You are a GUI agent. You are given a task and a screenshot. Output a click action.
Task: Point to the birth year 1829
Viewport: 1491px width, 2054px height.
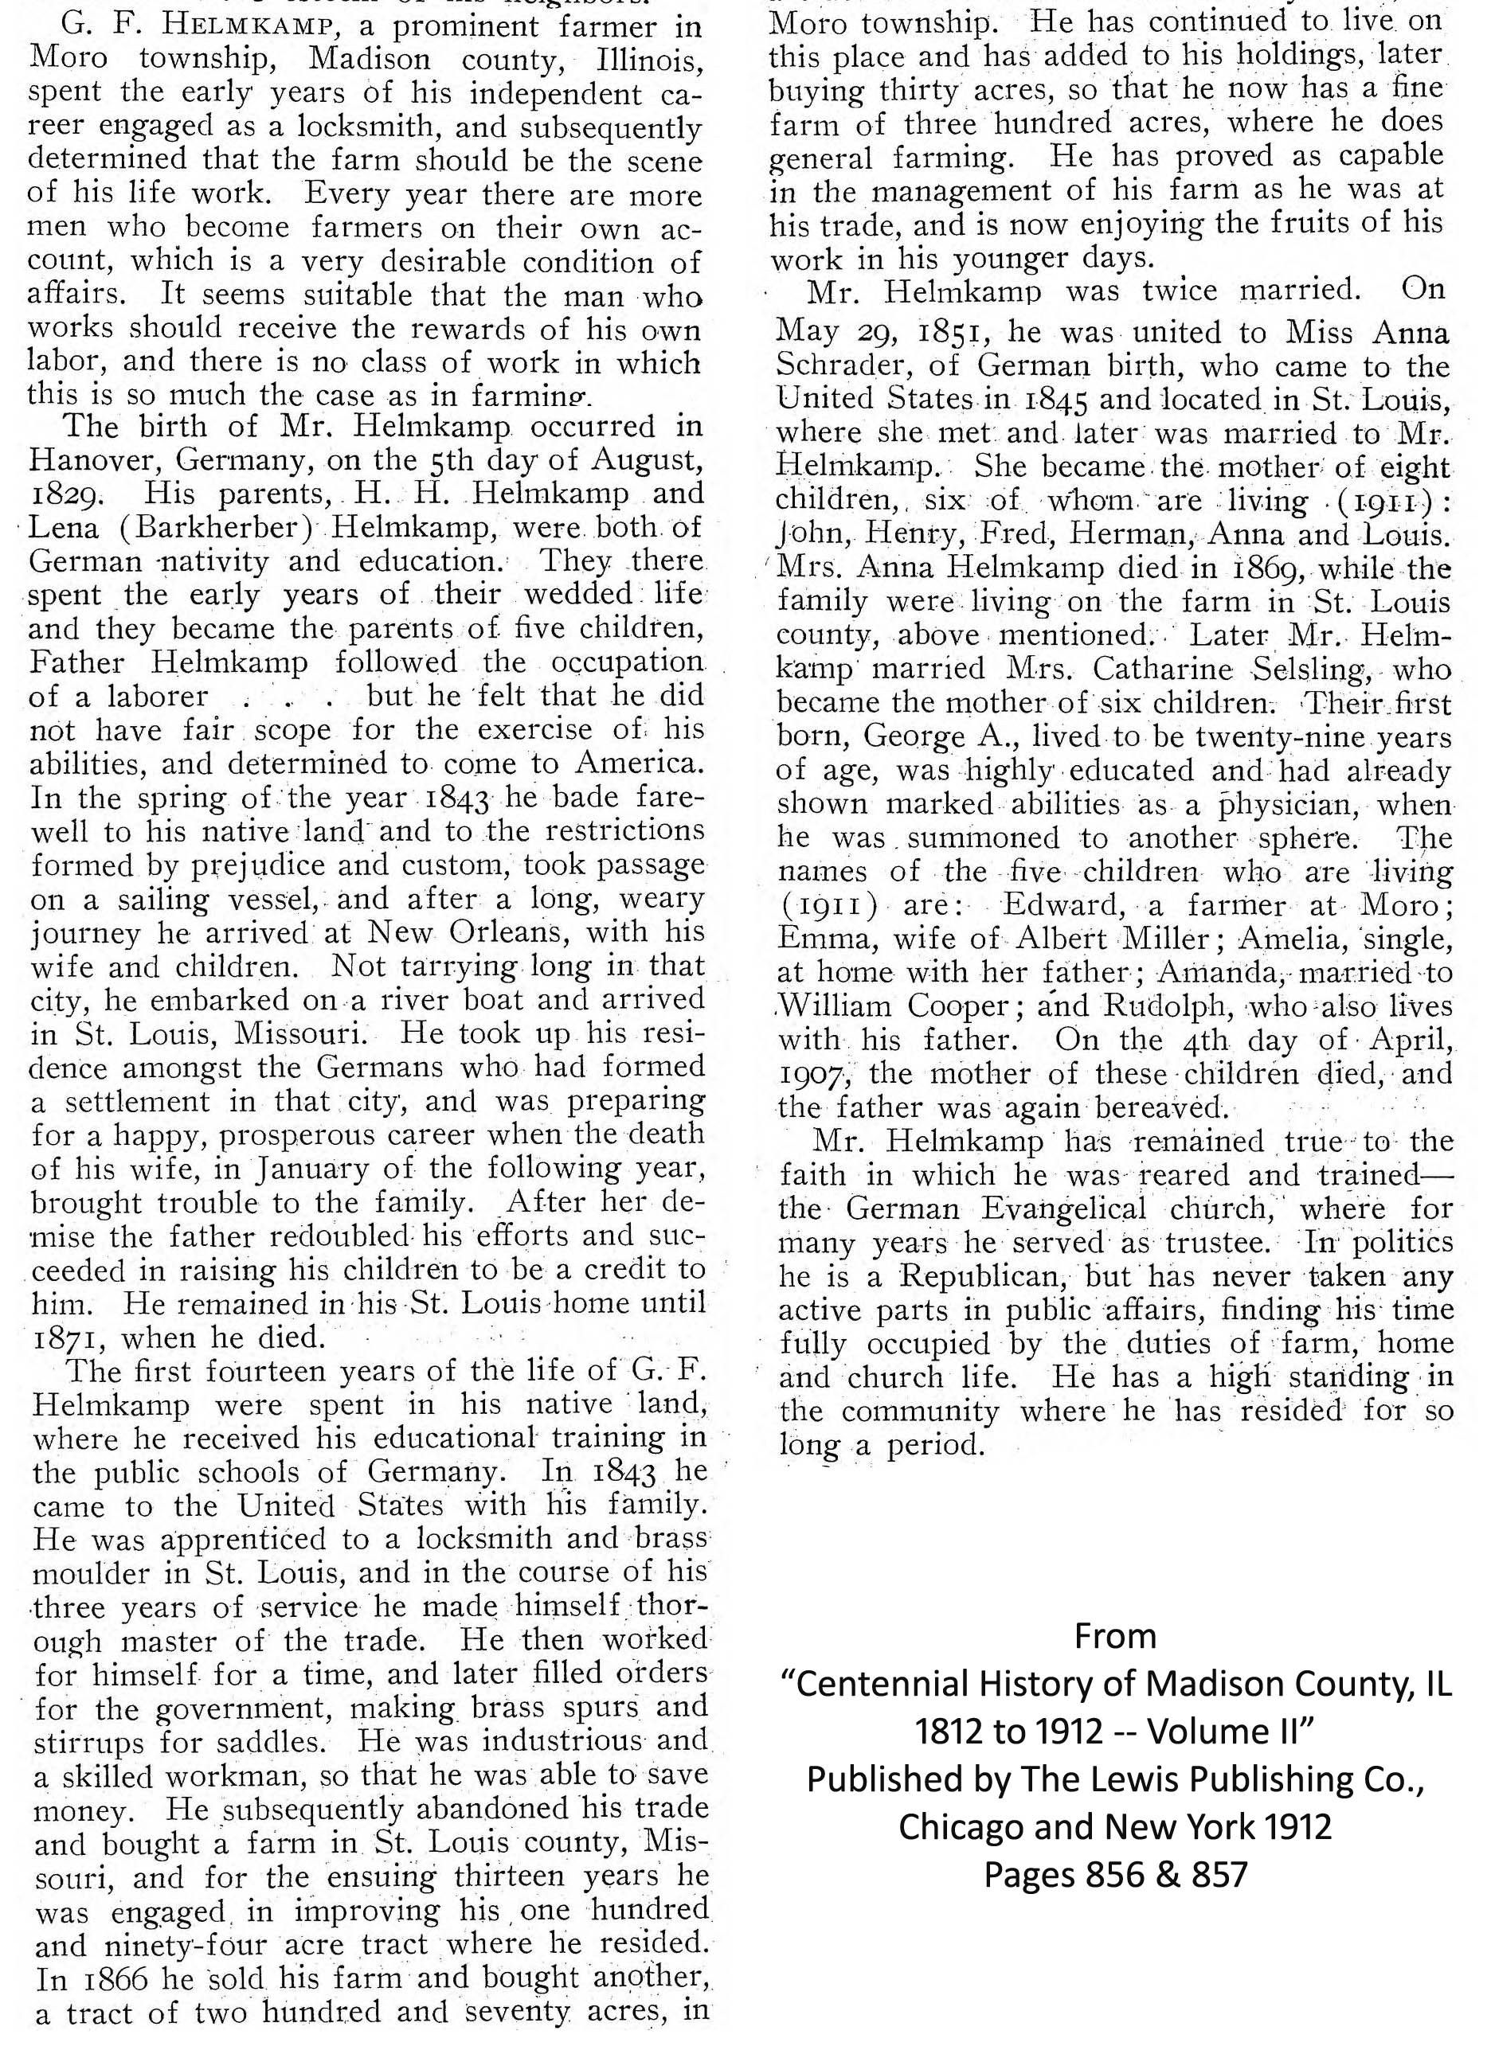pos(61,495)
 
